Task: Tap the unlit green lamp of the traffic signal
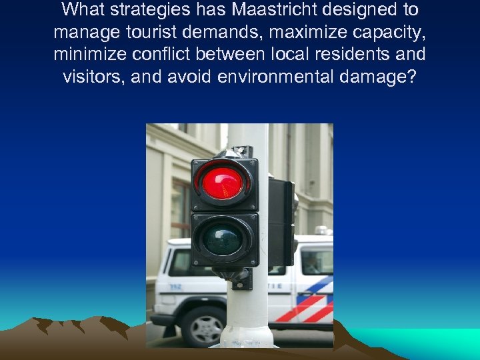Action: pos(223,239)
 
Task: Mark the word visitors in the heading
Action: pos(93,77)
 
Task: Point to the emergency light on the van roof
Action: pos(323,231)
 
